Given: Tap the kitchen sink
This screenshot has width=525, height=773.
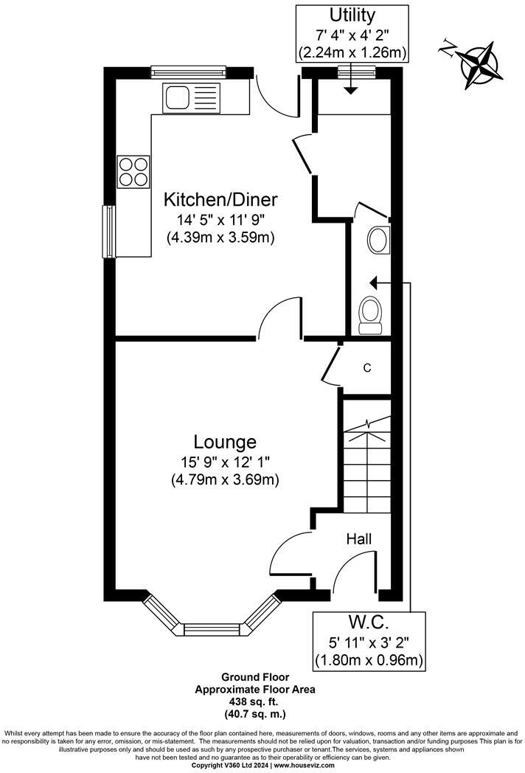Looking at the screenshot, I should point(177,97).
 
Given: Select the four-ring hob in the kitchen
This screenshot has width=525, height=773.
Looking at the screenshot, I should point(133,172).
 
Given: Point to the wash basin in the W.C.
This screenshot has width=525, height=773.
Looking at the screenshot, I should point(378,240).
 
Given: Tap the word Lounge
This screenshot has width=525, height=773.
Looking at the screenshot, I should point(225,442).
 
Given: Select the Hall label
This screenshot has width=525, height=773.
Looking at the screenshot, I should point(360,539).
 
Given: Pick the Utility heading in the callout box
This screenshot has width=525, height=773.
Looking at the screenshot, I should point(352,15).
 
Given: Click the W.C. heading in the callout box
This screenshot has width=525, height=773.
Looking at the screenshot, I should point(369,621).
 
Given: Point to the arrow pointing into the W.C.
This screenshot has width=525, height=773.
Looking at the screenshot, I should point(376,282).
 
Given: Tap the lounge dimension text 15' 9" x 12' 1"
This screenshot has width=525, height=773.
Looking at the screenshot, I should point(225,462).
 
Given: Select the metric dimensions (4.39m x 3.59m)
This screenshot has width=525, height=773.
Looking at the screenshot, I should point(220,237).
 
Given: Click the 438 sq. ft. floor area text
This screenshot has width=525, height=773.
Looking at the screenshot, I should point(255,701).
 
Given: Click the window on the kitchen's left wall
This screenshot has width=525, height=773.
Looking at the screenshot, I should point(109,231).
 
